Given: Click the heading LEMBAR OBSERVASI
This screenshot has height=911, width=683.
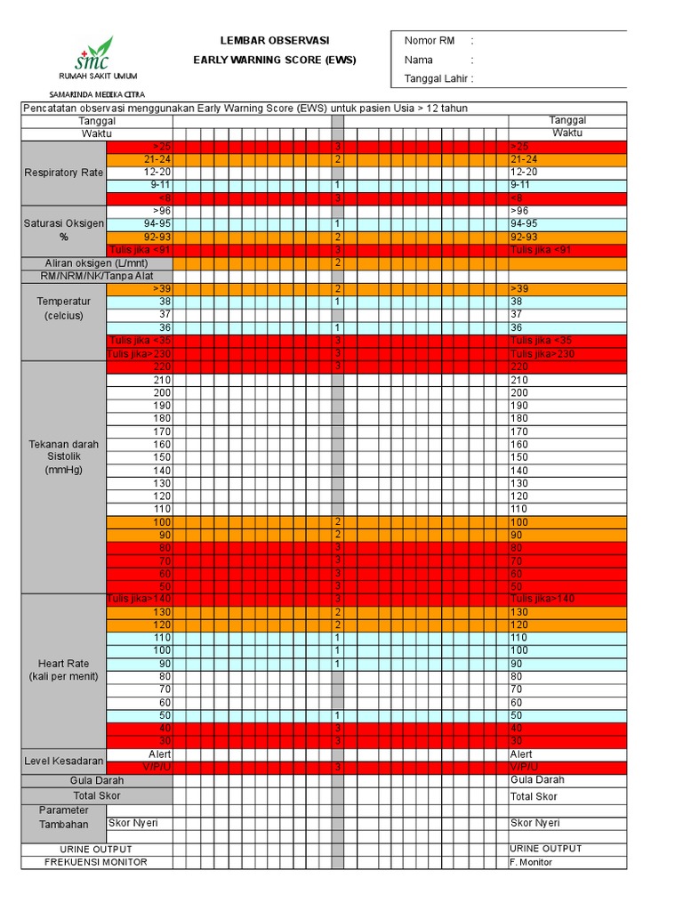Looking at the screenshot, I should (275, 41).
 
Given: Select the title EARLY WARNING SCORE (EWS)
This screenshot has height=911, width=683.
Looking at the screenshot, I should (275, 60).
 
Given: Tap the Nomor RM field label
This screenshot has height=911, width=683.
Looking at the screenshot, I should (430, 41).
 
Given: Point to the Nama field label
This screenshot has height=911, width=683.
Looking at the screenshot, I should (419, 60).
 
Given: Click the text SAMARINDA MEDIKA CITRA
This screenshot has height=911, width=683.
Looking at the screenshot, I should (97, 94).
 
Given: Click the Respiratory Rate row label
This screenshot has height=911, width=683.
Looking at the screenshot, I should (64, 173).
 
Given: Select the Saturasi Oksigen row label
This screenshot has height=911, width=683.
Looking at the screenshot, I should (64, 230).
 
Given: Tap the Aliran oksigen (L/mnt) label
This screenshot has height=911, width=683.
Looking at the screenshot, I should (96, 263).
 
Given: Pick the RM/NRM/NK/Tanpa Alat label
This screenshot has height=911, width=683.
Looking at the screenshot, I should (96, 277).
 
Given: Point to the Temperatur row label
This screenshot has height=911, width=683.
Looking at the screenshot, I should (64, 309).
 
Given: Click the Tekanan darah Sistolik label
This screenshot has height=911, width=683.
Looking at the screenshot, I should (64, 456).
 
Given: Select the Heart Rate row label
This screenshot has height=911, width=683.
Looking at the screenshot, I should (64, 670).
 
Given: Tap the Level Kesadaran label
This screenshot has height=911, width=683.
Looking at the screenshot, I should (64, 762).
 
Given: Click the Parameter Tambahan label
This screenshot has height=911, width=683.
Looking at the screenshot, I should (64, 817).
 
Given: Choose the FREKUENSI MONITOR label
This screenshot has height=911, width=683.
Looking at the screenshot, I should (96, 862).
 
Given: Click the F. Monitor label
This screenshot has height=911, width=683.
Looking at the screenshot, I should (531, 862).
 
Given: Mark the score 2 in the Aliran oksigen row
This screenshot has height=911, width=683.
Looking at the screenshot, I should (338, 263).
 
